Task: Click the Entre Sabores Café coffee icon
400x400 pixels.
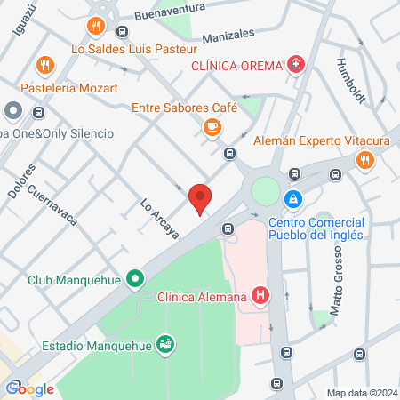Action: (x=211, y=128)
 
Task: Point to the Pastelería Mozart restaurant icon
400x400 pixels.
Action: (x=43, y=65)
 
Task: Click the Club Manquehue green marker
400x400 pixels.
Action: (x=135, y=280)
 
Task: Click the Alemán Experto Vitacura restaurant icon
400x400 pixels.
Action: (x=364, y=160)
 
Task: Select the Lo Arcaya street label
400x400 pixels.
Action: (x=160, y=219)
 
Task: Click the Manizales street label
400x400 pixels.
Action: (x=228, y=35)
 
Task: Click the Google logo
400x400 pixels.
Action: (x=29, y=388)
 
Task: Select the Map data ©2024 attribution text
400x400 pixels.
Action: (x=362, y=393)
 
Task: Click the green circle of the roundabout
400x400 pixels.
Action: (x=264, y=190)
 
